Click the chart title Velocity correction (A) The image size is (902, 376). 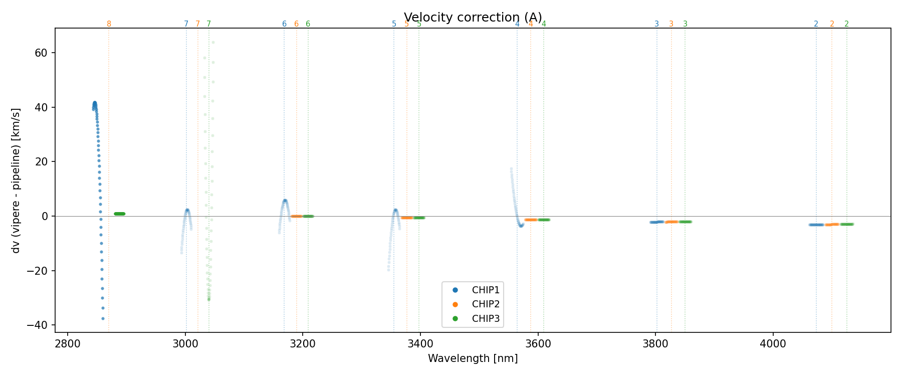(x=473, y=18)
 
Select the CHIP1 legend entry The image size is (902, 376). (x=486, y=290)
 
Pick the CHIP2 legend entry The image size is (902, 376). (x=486, y=304)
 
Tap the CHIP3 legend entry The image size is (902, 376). (x=486, y=318)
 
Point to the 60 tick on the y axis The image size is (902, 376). (x=42, y=53)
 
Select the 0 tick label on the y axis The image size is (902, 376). (x=45, y=216)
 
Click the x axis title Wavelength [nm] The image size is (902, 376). (x=473, y=358)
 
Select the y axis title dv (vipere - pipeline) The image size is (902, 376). (x=16, y=180)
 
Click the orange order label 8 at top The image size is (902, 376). (x=109, y=24)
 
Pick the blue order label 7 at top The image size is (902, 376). (x=186, y=24)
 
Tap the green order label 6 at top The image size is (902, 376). (x=308, y=24)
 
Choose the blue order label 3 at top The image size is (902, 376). (x=656, y=24)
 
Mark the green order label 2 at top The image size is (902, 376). (x=846, y=24)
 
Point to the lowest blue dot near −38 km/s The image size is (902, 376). (x=103, y=318)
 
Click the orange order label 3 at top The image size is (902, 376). (x=671, y=24)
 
